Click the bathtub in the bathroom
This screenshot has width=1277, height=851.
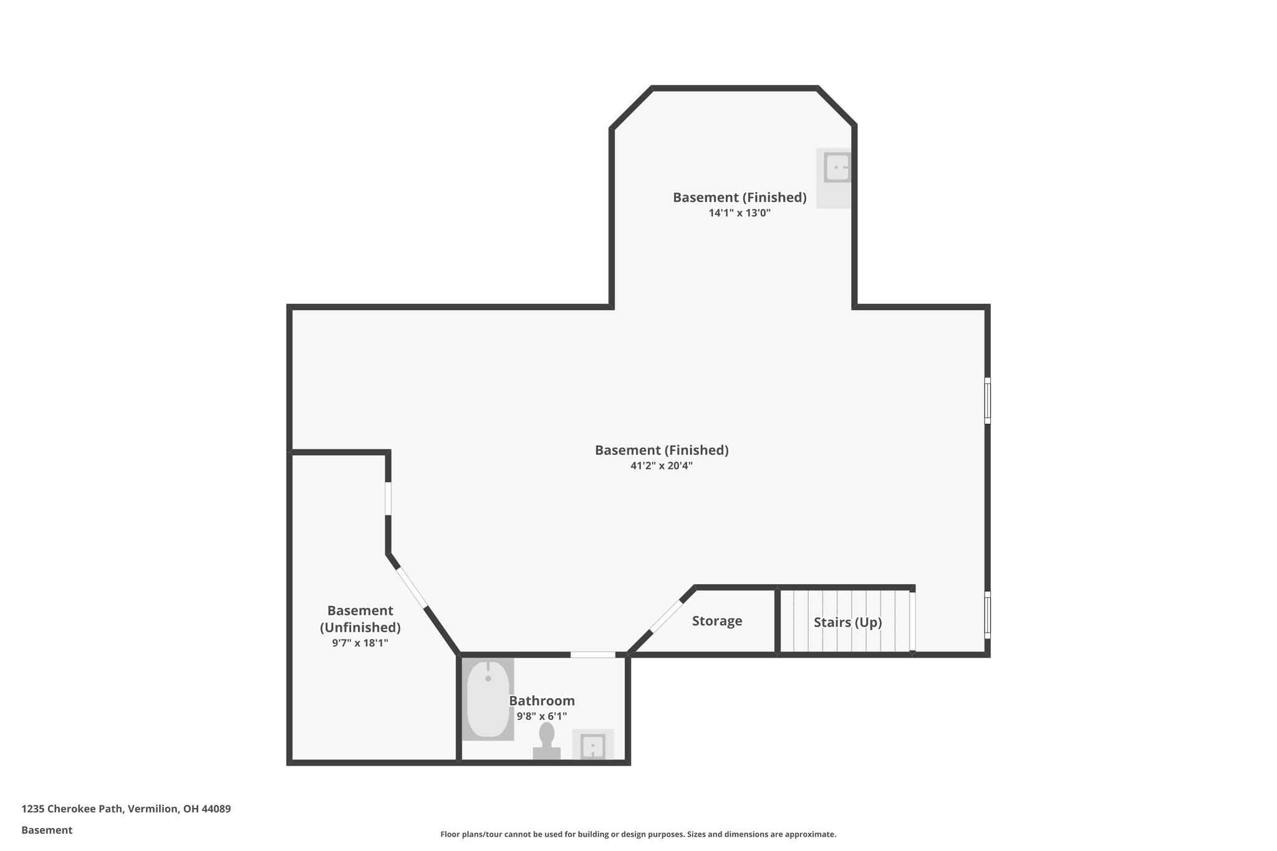click(x=488, y=699)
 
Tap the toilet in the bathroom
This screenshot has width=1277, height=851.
click(x=547, y=740)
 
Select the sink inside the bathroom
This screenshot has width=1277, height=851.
click(x=592, y=746)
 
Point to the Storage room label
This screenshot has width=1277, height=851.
click(x=717, y=621)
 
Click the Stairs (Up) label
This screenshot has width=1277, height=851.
click(x=847, y=622)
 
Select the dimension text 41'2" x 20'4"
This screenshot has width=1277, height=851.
click(x=662, y=466)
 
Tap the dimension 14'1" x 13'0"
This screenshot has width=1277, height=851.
click(x=740, y=213)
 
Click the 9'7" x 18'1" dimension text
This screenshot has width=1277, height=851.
click(x=360, y=643)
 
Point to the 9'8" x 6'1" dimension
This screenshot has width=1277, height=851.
click(x=541, y=716)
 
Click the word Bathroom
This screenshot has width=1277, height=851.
click(x=541, y=701)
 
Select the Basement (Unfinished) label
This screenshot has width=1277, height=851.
click(x=360, y=618)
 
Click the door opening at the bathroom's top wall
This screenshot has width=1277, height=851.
click(x=592, y=655)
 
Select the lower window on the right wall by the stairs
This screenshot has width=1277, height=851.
click(x=987, y=615)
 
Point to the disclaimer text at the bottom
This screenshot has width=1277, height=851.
click(x=638, y=834)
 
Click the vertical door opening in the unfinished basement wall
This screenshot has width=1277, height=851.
click(x=388, y=498)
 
